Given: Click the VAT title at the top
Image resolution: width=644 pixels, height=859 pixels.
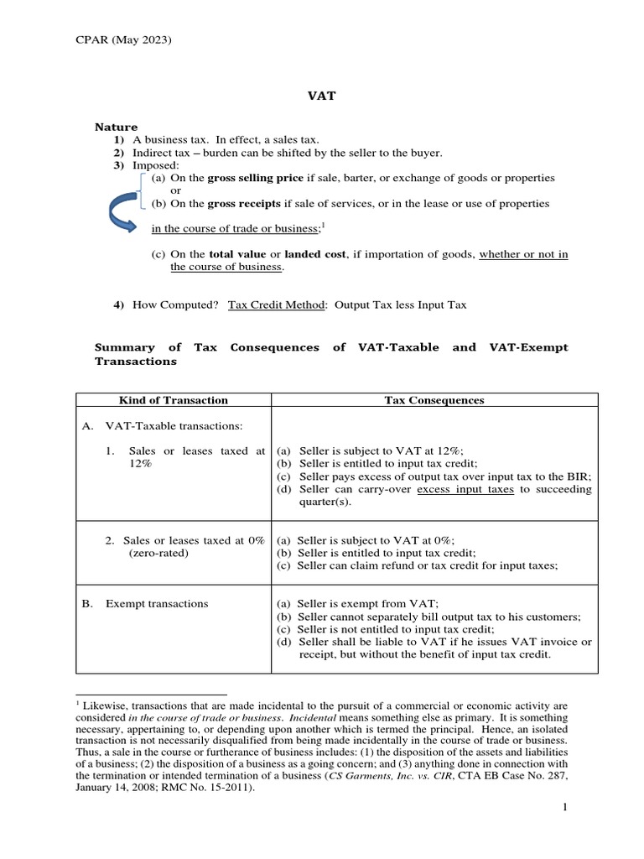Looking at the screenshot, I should click(x=322, y=96).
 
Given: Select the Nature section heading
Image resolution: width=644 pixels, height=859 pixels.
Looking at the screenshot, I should click(x=115, y=127).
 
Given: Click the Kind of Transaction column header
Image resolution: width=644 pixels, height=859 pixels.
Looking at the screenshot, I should click(x=173, y=400).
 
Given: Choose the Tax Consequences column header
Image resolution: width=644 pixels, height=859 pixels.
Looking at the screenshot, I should click(x=434, y=400).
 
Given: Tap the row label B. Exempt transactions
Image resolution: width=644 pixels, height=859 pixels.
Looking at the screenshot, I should click(x=146, y=603).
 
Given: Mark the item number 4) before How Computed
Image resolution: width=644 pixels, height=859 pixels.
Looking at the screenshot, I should click(x=119, y=305).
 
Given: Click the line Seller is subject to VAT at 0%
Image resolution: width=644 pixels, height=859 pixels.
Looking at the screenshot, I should click(x=364, y=541).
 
